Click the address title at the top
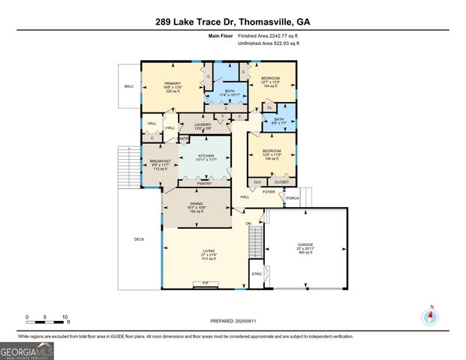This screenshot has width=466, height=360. [233, 22]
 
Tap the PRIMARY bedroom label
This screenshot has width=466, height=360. [173, 84]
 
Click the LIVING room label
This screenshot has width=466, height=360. [209, 251]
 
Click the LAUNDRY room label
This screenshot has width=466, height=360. [203, 124]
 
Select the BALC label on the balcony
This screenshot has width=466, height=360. [129, 86]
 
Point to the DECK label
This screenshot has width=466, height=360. [139, 239]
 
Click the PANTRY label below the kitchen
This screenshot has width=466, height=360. [204, 183]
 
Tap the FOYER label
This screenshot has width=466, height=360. [268, 191]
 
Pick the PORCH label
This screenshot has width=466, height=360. [293, 198]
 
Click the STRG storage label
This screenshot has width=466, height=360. [257, 274]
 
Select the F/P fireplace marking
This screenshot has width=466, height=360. [206, 283]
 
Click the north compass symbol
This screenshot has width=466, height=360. [431, 316]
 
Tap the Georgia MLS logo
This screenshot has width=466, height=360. [27, 350]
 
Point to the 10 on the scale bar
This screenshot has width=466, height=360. [65, 317]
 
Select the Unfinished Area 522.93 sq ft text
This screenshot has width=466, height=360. [269, 43]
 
